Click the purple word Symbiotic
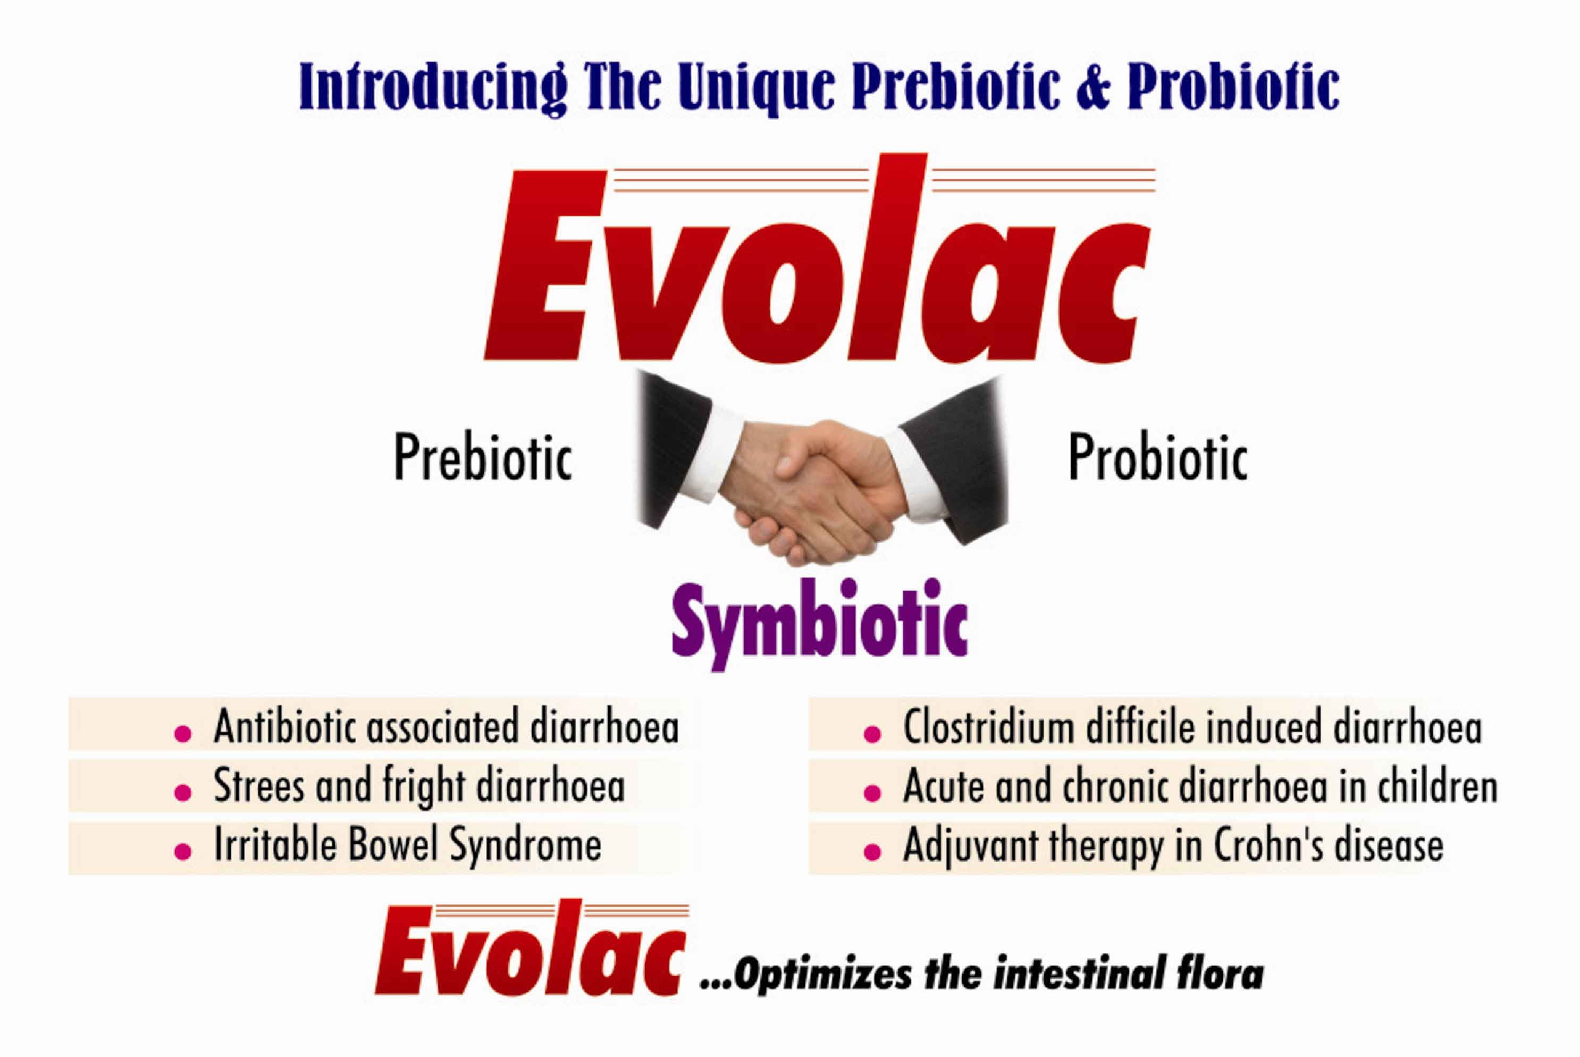click(x=820, y=624)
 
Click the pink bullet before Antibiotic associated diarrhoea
click(x=183, y=733)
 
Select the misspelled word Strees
click(x=259, y=786)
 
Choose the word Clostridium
click(x=988, y=727)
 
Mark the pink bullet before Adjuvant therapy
click(x=872, y=851)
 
